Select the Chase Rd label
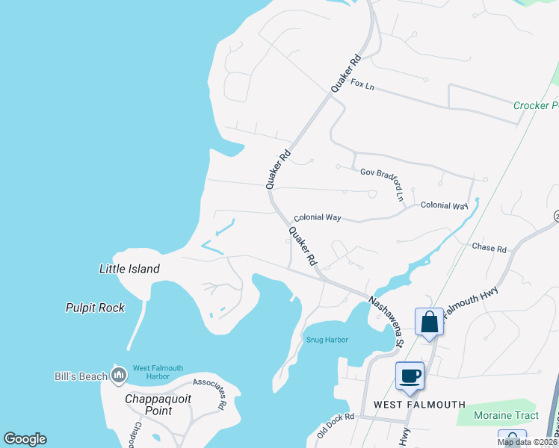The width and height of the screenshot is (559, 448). pos(489,247)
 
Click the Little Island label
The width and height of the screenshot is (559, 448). pos(129,269)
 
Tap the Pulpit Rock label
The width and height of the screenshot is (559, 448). pos(95,308)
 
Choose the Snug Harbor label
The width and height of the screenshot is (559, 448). pos(327,340)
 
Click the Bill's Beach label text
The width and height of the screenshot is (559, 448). pos(81,376)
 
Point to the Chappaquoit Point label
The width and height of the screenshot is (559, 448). pos(158,405)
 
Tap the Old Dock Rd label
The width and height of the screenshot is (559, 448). pos(334,425)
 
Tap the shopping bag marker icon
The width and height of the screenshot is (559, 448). pos(430,322)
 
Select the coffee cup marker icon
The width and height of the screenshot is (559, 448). pos(410,375)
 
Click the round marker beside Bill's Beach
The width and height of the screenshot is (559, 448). pos(118,373)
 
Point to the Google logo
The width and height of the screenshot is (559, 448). pos(25,439)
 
